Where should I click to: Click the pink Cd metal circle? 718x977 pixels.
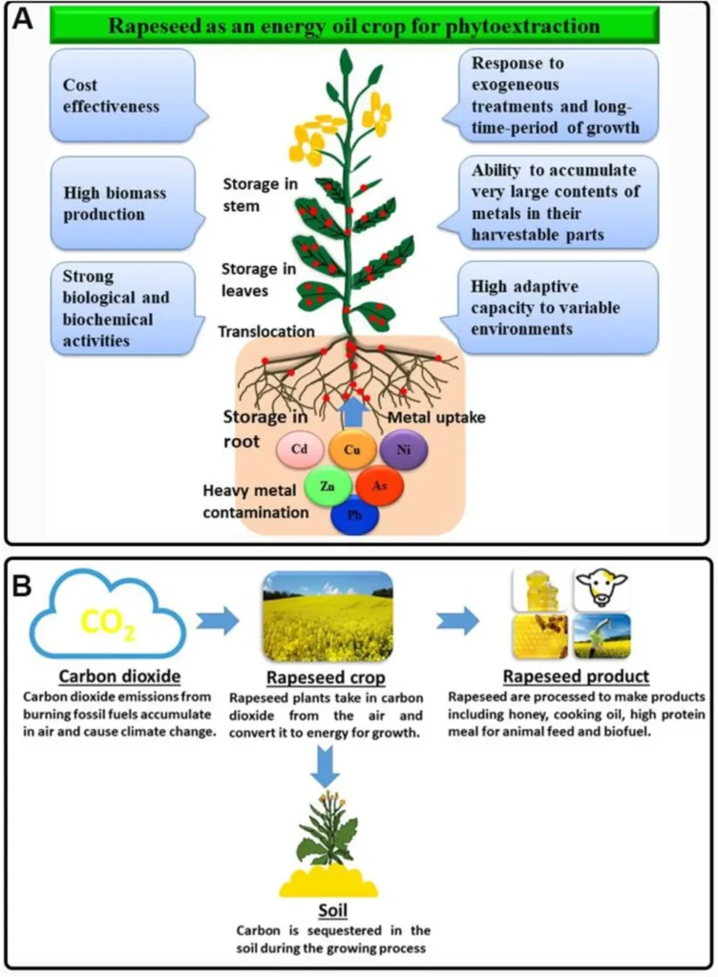(299, 448)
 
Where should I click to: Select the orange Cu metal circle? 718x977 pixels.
(352, 448)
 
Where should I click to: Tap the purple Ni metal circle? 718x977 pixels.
(405, 448)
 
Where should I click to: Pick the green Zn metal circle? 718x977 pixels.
(327, 485)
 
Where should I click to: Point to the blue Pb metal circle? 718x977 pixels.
(354, 516)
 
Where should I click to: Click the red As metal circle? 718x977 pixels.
(380, 485)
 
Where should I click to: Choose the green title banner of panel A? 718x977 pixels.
(354, 24)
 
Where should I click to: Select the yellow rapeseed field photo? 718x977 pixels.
(327, 616)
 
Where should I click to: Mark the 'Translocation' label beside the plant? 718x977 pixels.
(264, 331)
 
